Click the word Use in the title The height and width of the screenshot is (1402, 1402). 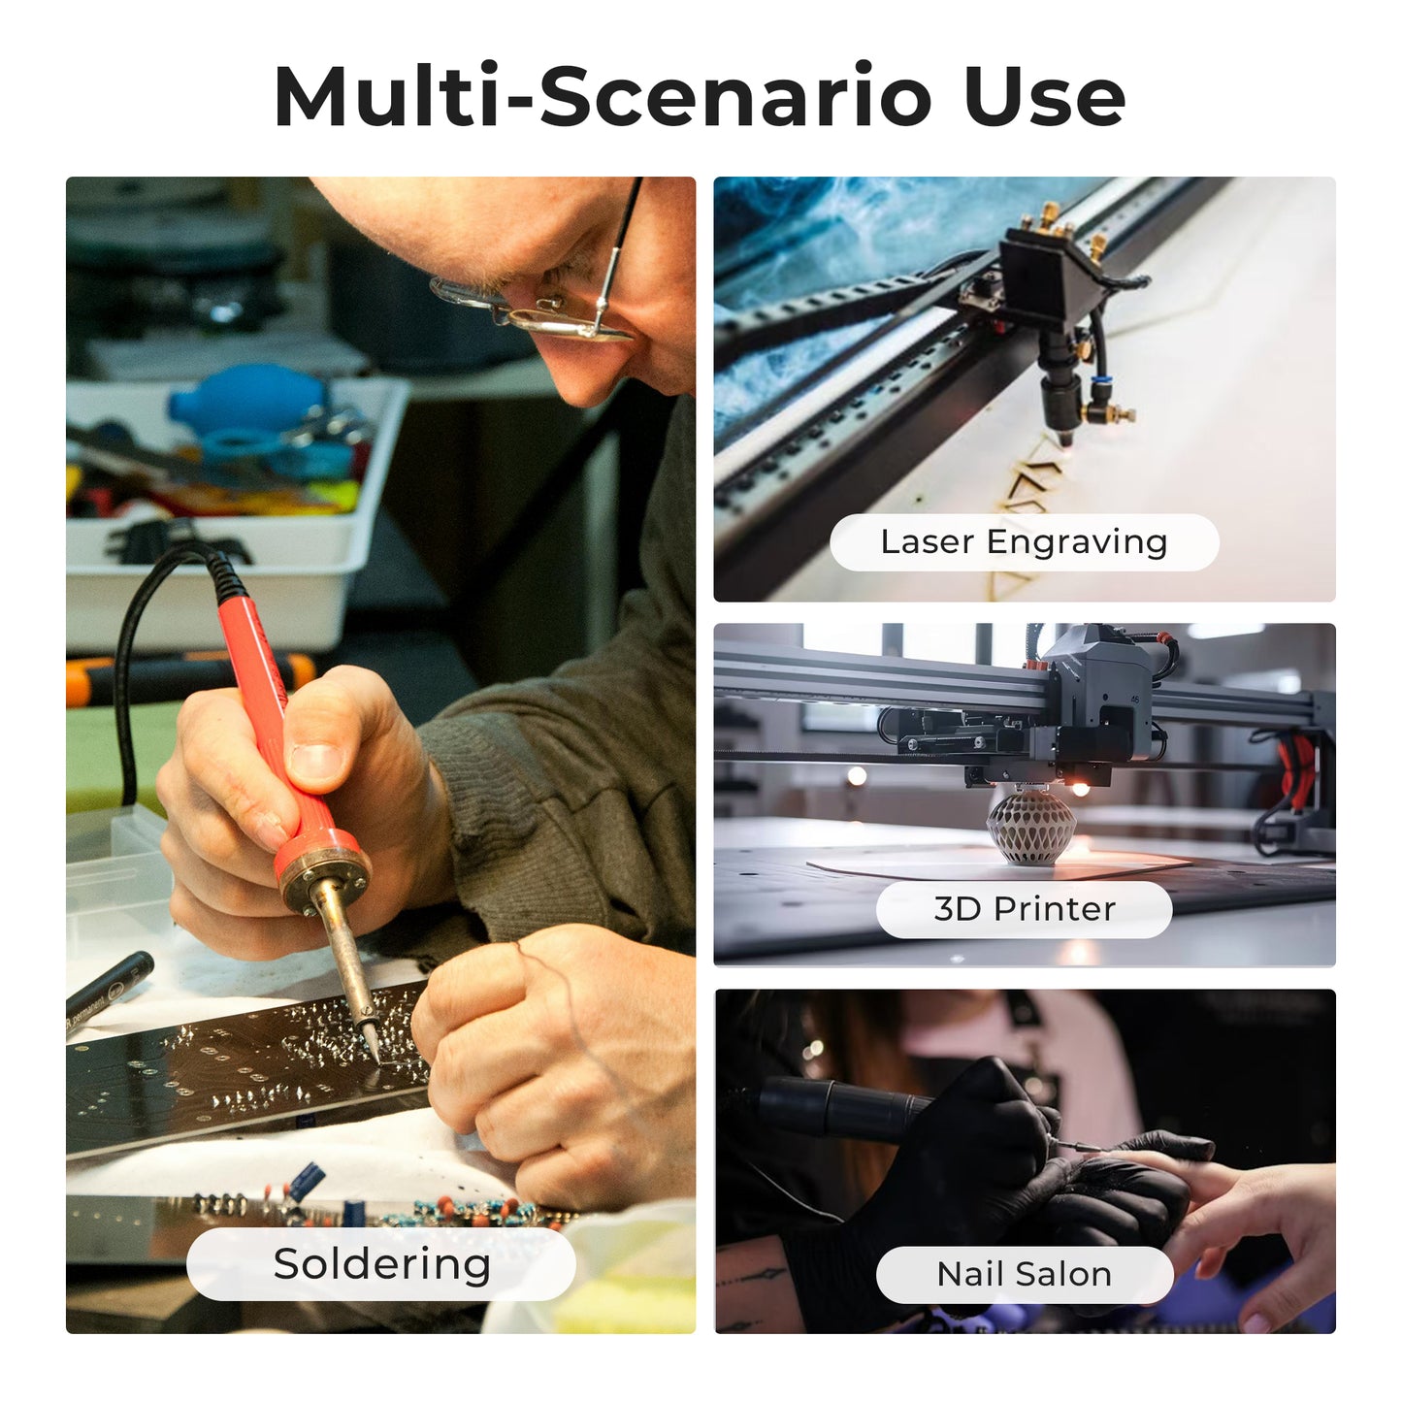coord(1045,97)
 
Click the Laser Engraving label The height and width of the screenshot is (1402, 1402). coord(1024,542)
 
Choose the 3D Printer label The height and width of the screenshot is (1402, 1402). coord(1024,909)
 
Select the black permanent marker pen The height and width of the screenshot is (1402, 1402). coord(109,991)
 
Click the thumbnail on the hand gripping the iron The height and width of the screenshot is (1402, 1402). coord(316,761)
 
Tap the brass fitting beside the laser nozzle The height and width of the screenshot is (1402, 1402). coord(1107,413)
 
